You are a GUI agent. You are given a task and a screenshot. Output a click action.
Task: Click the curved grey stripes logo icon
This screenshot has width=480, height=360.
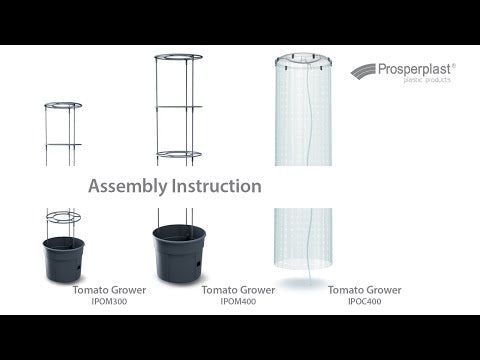[x=363, y=71]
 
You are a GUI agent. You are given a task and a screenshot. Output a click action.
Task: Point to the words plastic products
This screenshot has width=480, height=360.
[x=427, y=80]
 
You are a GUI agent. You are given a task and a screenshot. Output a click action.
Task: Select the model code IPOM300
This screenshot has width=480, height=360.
[x=109, y=301]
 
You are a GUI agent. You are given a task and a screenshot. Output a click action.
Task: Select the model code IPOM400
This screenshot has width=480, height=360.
[x=238, y=301]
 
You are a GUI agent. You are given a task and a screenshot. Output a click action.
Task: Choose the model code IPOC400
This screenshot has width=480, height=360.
[x=365, y=301]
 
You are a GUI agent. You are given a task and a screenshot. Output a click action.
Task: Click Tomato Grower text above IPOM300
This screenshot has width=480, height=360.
[x=109, y=290]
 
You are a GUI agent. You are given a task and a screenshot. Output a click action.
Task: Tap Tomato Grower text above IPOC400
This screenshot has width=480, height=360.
[x=365, y=290]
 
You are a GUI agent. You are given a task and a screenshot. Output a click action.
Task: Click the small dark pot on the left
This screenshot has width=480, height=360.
[x=63, y=259]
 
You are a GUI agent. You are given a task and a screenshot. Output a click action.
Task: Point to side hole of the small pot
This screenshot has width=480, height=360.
[x=78, y=268]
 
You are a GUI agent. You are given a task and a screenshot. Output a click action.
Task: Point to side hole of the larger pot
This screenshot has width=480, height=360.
[x=198, y=264]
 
